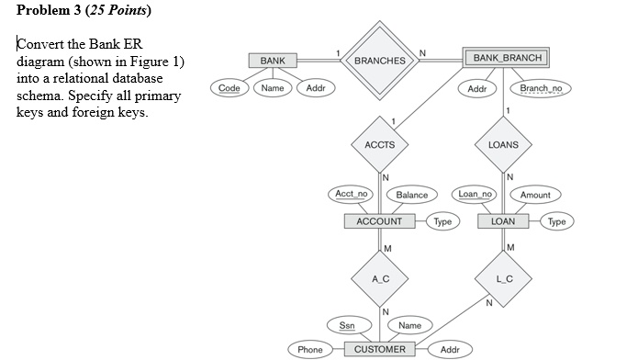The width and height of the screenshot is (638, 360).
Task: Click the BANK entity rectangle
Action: point(273,61)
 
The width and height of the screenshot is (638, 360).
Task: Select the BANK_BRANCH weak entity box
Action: point(507,59)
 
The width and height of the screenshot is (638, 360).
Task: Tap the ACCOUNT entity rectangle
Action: point(379,221)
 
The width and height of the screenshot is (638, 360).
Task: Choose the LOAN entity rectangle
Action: point(503,221)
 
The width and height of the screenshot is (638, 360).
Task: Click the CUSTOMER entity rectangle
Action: point(379,349)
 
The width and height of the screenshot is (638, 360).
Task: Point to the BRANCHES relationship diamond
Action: point(379,61)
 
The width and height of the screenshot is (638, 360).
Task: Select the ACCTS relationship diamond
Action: point(379,144)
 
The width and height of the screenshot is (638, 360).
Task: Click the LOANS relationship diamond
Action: point(503,144)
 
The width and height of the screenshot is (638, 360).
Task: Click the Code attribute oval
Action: point(229,88)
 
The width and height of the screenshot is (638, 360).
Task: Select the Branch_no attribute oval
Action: point(545,89)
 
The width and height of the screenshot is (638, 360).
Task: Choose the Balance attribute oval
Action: point(411,195)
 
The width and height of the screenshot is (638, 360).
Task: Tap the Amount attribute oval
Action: point(535,195)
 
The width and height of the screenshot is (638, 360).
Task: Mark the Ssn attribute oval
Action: point(348,324)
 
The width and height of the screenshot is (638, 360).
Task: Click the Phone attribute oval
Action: point(310,349)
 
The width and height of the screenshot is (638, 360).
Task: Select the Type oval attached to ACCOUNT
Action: point(442,221)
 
